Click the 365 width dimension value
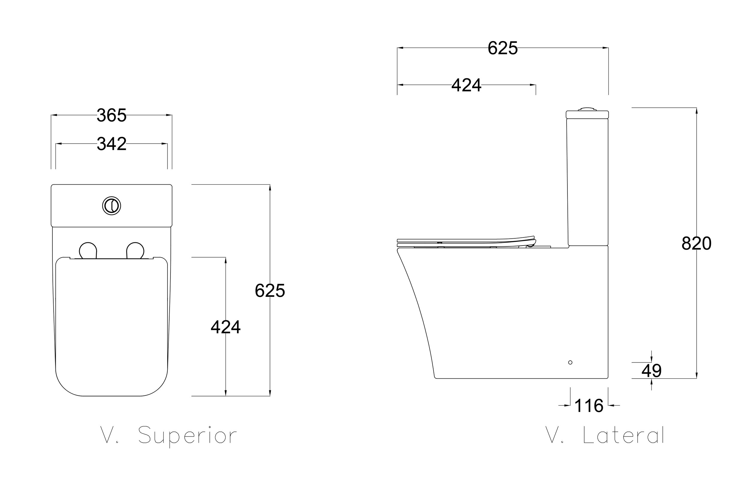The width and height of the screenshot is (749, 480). pos(111,115)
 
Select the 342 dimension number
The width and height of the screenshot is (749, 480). pos(111,144)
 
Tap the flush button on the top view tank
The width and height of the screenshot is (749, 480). pos(111,206)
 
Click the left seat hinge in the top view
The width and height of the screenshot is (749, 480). pos(88,250)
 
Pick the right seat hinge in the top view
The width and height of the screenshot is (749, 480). pos(135,250)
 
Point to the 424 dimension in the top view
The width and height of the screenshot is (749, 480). pos(226,327)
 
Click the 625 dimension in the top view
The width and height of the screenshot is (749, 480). pos(270,291)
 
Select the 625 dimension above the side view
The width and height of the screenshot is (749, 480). pos(503,48)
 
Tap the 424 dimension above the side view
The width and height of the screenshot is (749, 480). pos(466,85)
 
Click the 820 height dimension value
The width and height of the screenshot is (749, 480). pos(696,243)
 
